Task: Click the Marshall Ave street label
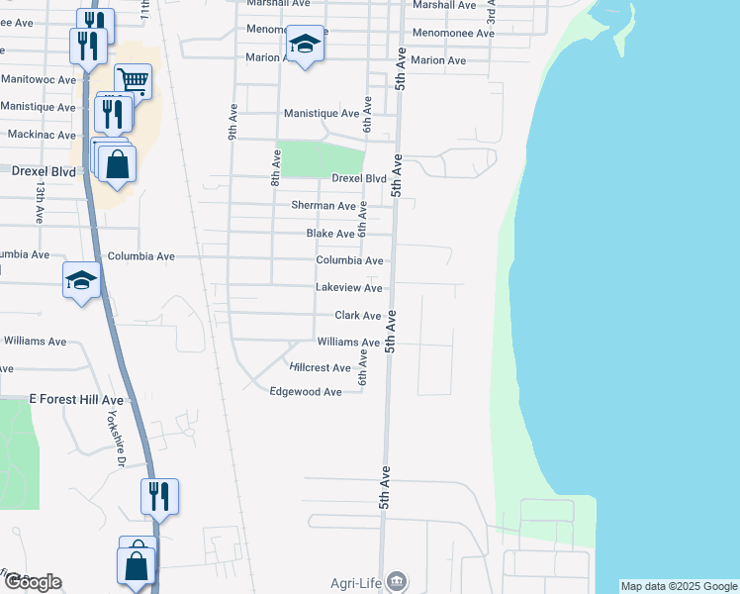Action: click(x=444, y=5)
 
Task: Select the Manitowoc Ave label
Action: click(x=39, y=79)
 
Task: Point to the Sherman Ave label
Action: click(x=323, y=206)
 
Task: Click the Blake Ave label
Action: click(x=330, y=234)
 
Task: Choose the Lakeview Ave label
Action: click(x=348, y=288)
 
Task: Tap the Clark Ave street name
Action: click(x=357, y=316)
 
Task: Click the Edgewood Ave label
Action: click(x=306, y=392)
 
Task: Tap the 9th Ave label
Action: click(x=233, y=122)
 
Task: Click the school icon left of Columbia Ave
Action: click(x=81, y=279)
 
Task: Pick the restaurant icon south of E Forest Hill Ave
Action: click(x=159, y=494)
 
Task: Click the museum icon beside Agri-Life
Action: click(x=397, y=580)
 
